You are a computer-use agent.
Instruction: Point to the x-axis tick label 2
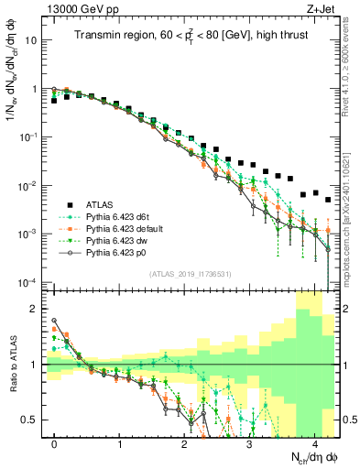(184, 443)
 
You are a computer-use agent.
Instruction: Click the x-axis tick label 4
(314, 443)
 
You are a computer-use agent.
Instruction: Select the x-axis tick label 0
(54, 443)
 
